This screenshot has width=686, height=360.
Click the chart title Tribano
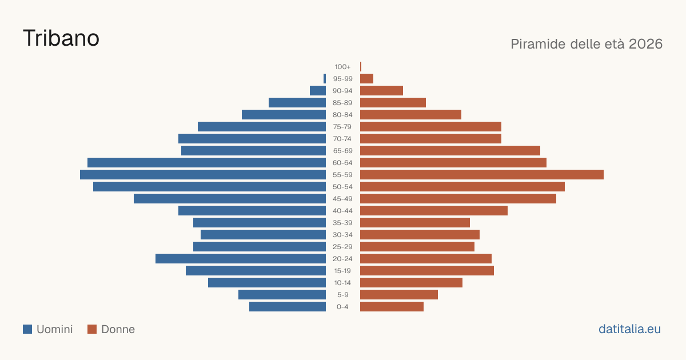pyautogui.click(x=61, y=38)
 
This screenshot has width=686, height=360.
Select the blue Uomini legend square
pyautogui.click(x=27, y=329)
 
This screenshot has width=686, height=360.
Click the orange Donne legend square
pyautogui.click(x=92, y=329)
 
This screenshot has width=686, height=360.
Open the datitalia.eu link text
pyautogui.click(x=629, y=329)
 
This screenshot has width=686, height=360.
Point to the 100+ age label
pyautogui.click(x=342, y=67)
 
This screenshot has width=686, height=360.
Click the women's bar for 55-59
pyautogui.click(x=482, y=174)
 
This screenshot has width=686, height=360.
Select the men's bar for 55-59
pyautogui.click(x=203, y=174)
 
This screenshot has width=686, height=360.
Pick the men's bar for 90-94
pyautogui.click(x=318, y=91)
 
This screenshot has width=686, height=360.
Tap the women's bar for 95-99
pyautogui.click(x=366, y=79)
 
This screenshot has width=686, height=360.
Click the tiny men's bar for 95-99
pyautogui.click(x=325, y=79)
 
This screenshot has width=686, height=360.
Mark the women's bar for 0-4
pyautogui.click(x=392, y=306)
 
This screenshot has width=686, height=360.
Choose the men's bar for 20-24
pyautogui.click(x=241, y=259)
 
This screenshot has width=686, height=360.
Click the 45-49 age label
pyautogui.click(x=342, y=199)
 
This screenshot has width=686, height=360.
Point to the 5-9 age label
pyautogui.click(x=342, y=295)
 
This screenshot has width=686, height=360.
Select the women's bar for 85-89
pyautogui.click(x=393, y=102)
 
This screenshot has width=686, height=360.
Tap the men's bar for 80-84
pyautogui.click(x=284, y=114)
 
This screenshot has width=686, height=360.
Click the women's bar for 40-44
pyautogui.click(x=434, y=211)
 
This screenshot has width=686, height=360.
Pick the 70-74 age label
pyautogui.click(x=342, y=139)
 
